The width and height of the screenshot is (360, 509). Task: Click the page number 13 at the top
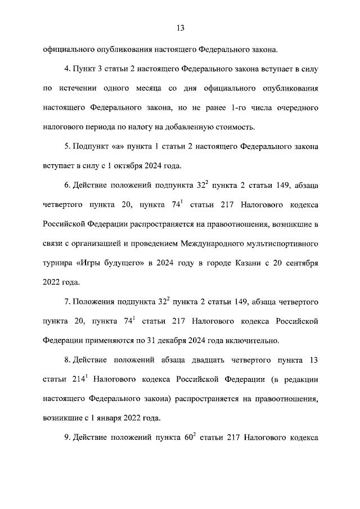tap(181, 28)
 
